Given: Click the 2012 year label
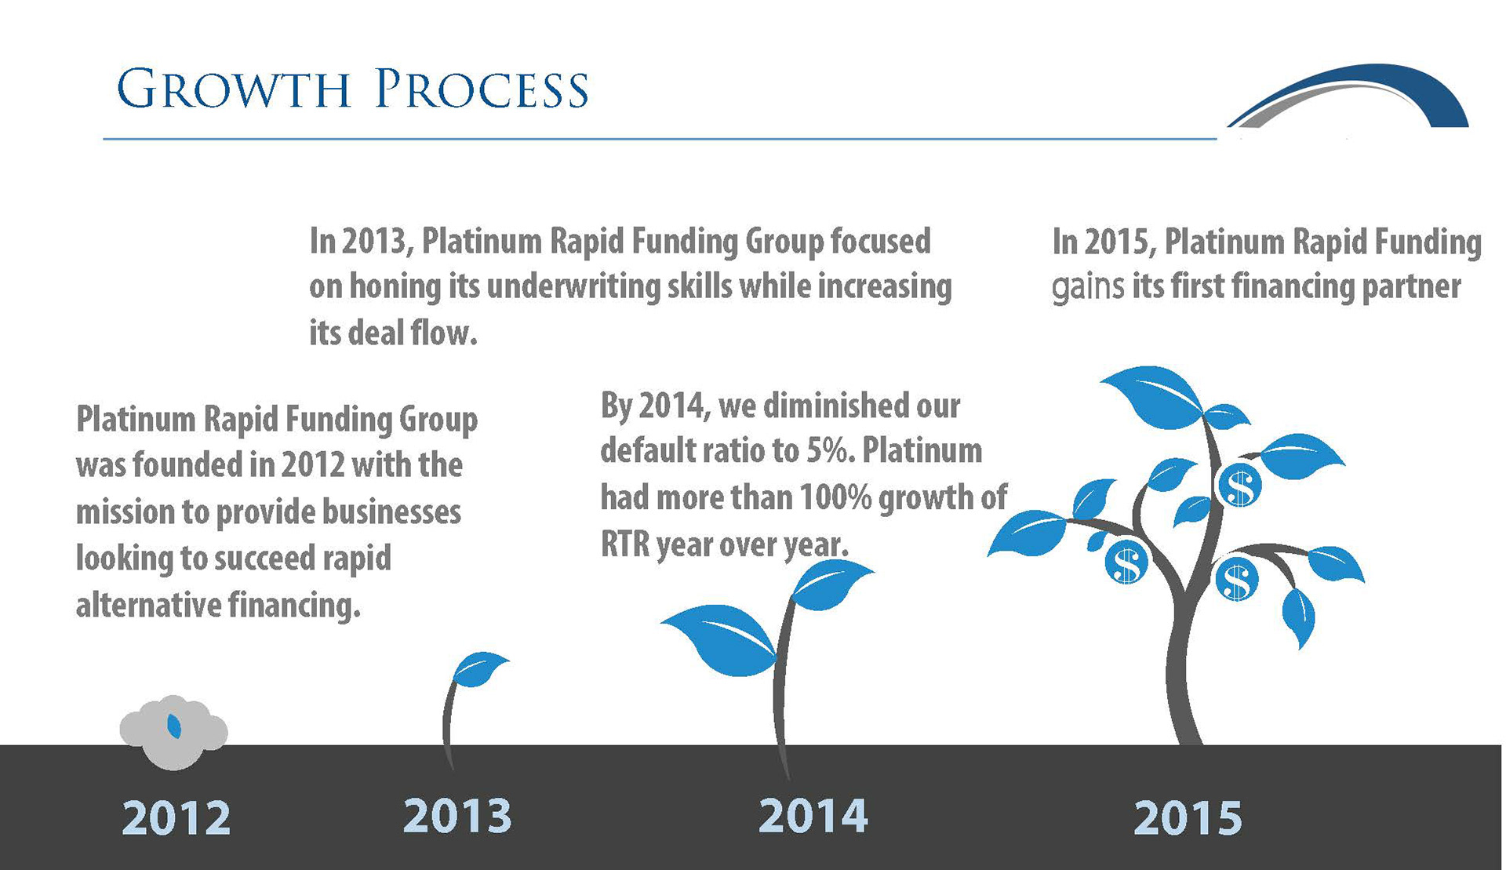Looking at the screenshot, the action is [176, 818].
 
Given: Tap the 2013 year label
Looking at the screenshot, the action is [457, 815].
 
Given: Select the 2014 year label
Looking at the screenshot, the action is [813, 815].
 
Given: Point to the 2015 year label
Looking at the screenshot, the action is [1188, 818].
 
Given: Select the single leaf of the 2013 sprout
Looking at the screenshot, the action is [480, 668].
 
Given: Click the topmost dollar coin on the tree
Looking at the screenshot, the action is [1239, 486].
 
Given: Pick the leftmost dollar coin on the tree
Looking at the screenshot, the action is [1126, 562].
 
